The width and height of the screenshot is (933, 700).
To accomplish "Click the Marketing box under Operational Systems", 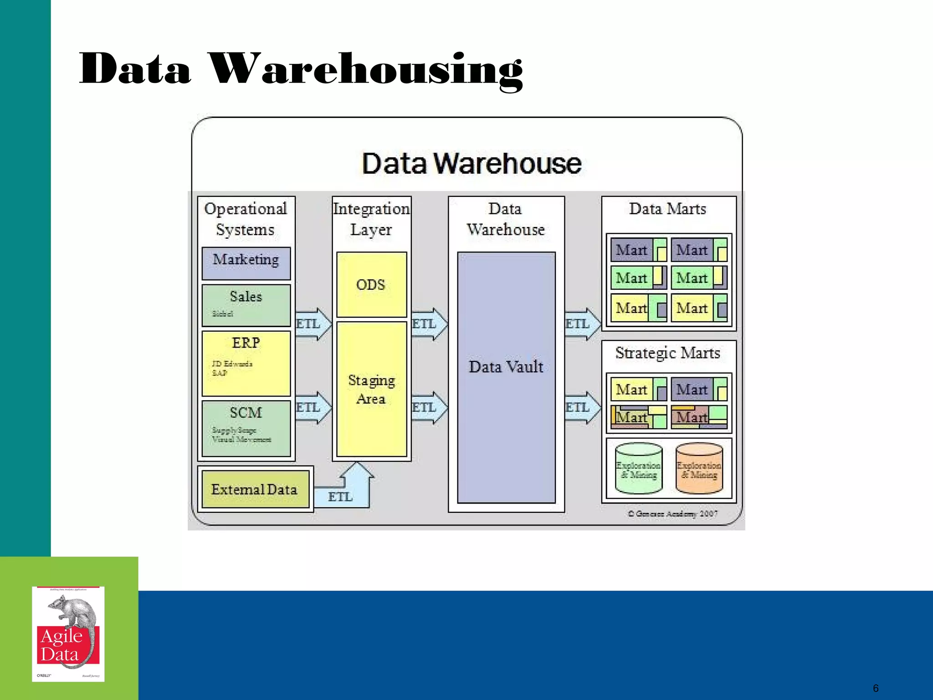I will [x=246, y=263].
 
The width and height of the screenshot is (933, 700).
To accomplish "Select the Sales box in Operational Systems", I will [x=246, y=304].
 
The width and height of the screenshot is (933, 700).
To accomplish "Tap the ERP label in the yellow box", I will [x=246, y=343].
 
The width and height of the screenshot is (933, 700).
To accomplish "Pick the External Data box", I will [x=255, y=489].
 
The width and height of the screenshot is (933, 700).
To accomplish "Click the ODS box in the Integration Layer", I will [x=371, y=284].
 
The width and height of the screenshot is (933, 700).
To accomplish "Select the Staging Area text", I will [x=371, y=389].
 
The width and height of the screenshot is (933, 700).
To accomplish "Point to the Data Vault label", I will [x=506, y=367].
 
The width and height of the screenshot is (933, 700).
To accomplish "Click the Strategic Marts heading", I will [x=668, y=353].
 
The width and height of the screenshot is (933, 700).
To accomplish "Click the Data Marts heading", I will [x=668, y=209].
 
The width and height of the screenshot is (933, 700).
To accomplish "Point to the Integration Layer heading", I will [x=371, y=219].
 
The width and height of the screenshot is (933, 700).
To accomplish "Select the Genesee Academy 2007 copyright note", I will [x=673, y=514].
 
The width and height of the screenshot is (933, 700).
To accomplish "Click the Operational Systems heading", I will [x=246, y=219].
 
